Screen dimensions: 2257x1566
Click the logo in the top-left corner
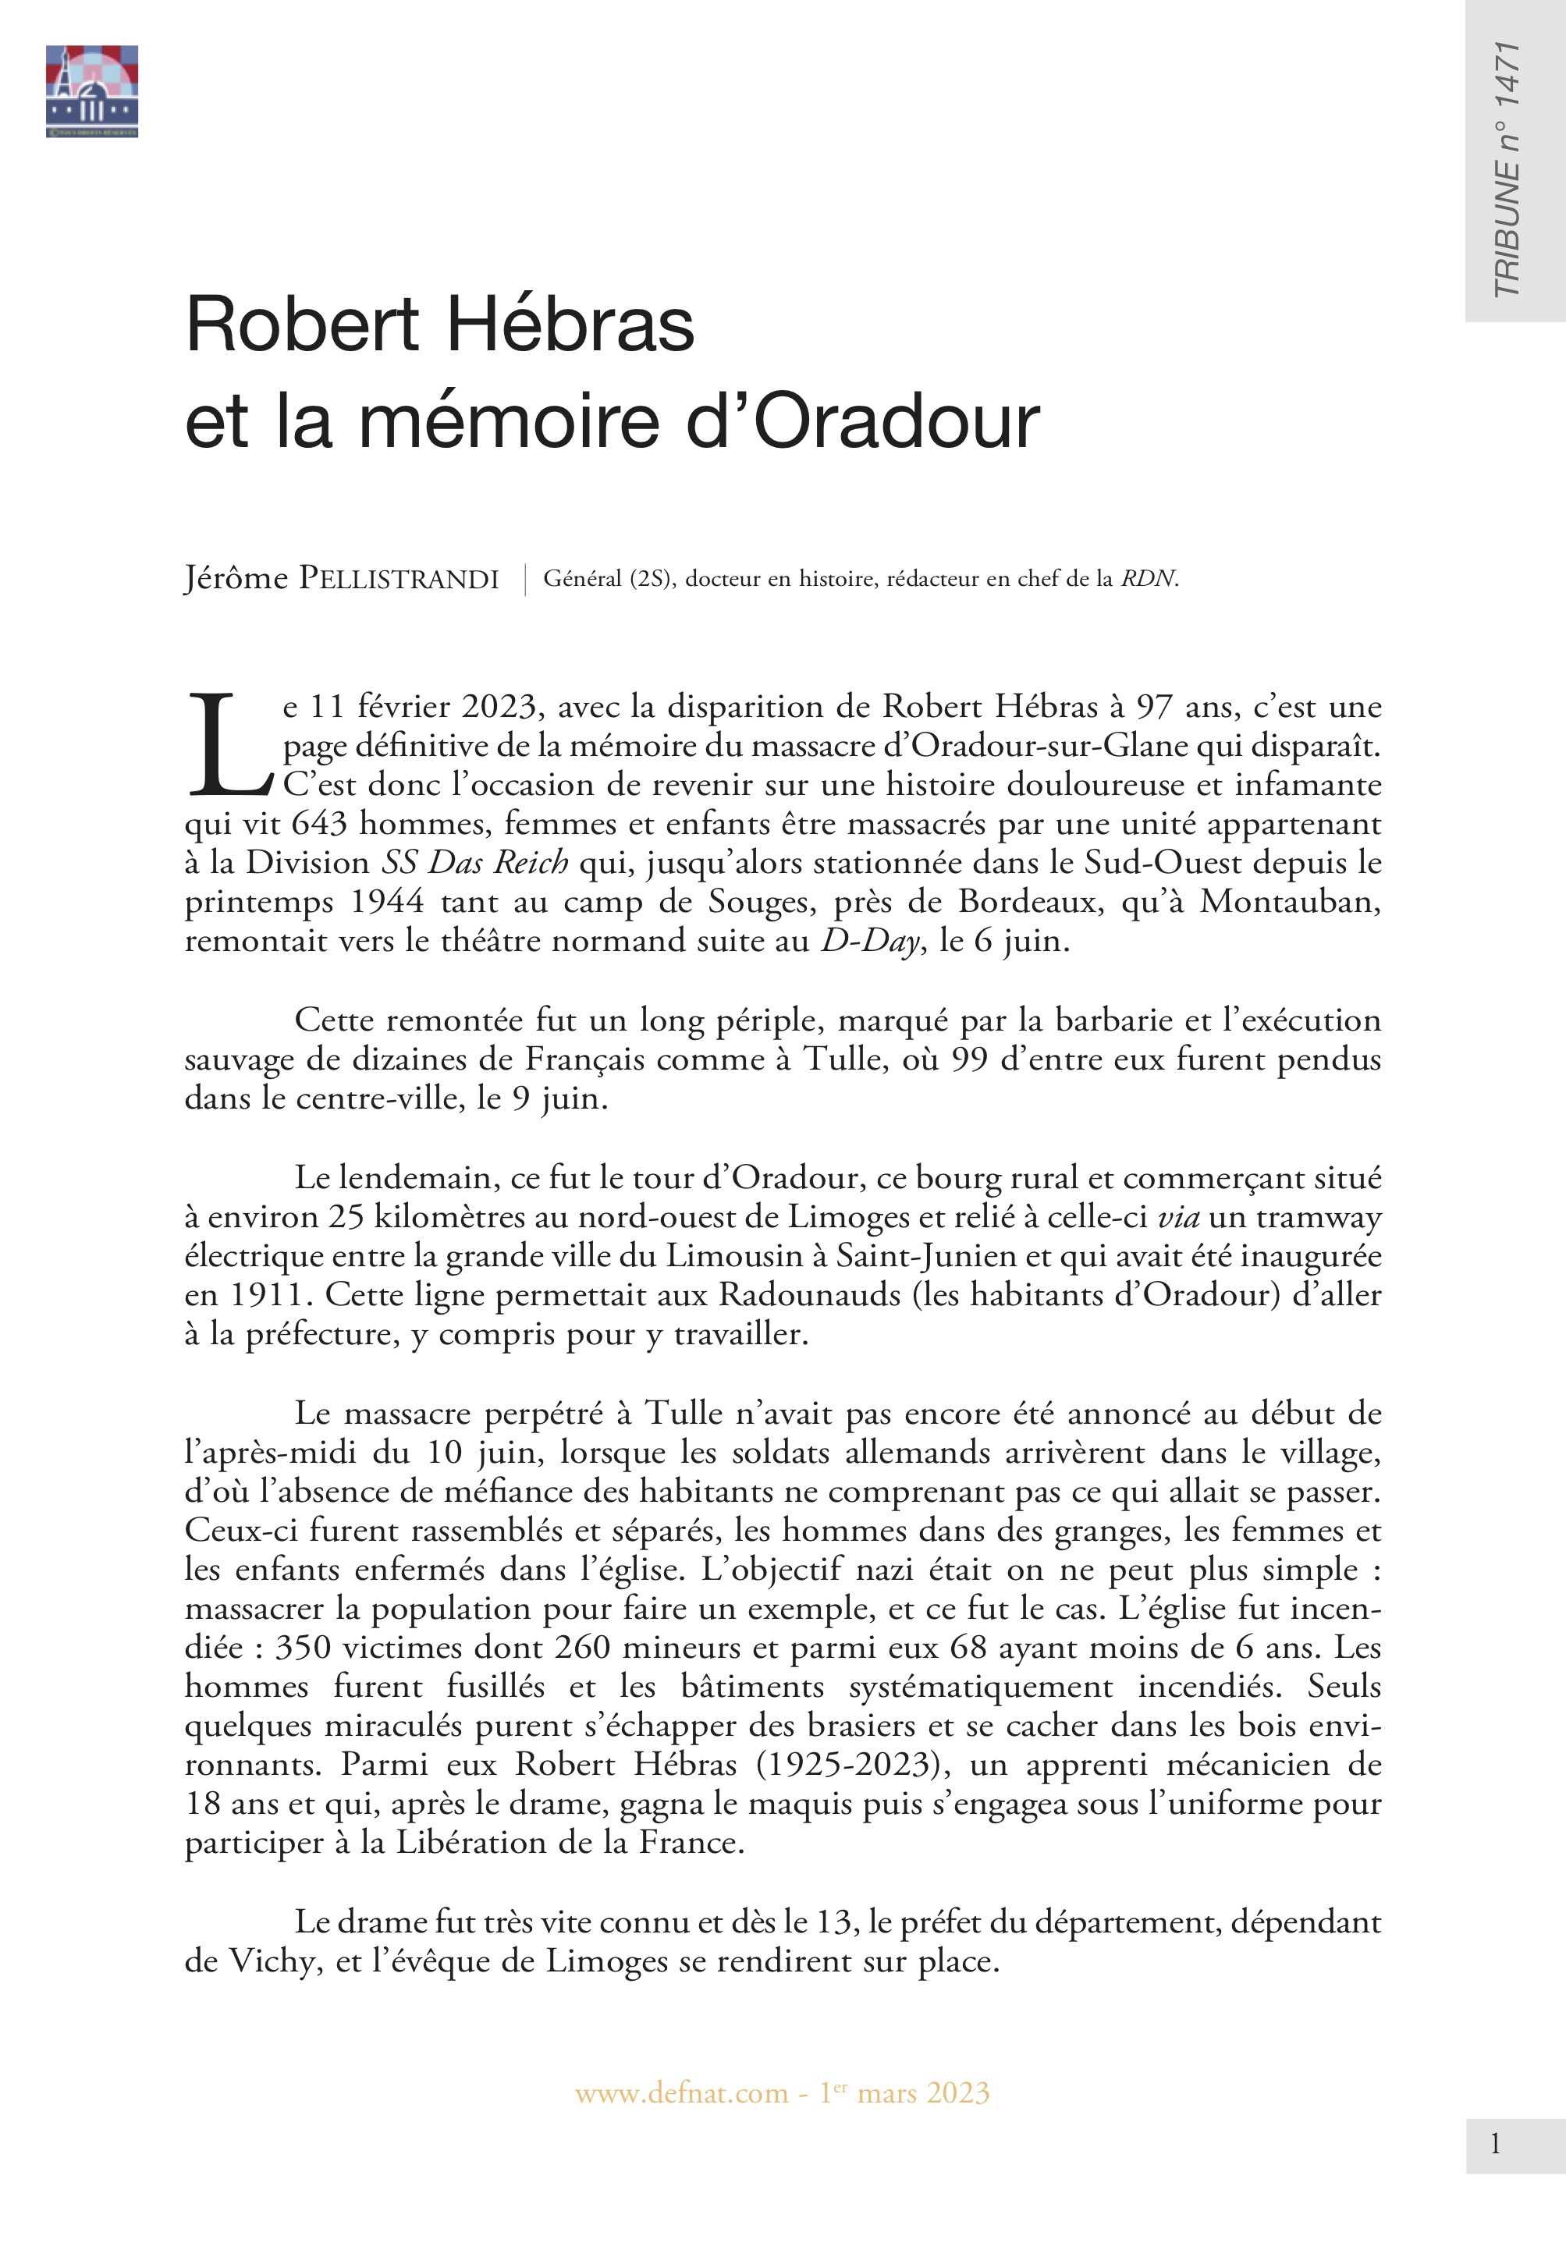coord(91,91)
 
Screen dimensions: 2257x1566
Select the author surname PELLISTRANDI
coord(399,579)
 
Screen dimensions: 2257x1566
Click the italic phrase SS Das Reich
coord(475,862)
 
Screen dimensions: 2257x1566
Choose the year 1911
coord(268,1295)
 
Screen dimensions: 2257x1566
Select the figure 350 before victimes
coord(304,1647)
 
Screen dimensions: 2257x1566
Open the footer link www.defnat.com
coord(681,2093)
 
